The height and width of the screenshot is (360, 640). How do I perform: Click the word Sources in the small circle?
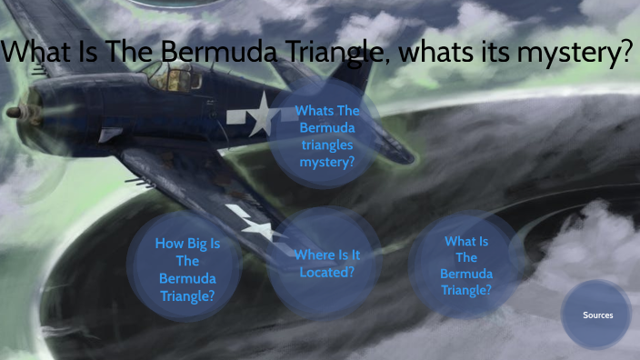click(x=597, y=315)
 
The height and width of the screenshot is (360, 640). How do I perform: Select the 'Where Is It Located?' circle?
click(x=325, y=263)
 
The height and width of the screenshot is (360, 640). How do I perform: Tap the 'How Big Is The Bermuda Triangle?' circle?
click(x=187, y=269)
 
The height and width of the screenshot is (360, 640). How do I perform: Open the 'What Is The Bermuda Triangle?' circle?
click(x=466, y=265)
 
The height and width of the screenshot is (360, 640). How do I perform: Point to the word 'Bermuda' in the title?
click(x=212, y=54)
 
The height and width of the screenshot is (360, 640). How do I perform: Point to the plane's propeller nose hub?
click(x=13, y=114)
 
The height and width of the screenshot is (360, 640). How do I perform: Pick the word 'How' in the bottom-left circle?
click(x=170, y=244)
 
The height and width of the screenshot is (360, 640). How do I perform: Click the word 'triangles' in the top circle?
click(x=327, y=145)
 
